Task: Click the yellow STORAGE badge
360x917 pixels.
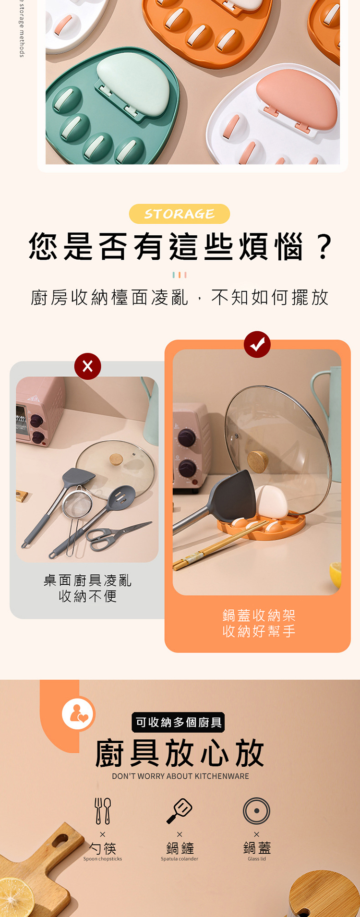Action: (180, 214)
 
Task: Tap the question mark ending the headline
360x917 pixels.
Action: (324, 246)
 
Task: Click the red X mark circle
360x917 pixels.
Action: (88, 366)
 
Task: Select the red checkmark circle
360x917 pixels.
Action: (257, 344)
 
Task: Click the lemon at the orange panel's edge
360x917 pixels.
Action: (336, 575)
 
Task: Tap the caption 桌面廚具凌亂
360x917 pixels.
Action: (88, 580)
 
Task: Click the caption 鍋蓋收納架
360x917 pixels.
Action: (259, 615)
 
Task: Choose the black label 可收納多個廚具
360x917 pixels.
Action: (179, 722)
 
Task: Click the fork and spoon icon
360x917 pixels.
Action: (103, 811)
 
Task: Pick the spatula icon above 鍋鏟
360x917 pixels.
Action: (180, 811)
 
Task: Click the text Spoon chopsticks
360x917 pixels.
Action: (103, 859)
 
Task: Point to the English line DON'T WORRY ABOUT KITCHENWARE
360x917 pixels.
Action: (180, 776)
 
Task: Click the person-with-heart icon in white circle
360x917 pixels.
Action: (78, 713)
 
